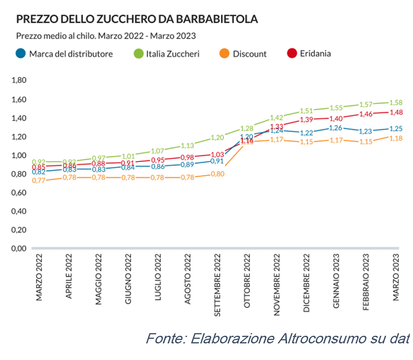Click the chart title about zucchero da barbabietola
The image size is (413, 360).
click(137, 20)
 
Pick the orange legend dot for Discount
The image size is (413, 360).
click(225, 53)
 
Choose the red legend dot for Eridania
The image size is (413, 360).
click(292, 53)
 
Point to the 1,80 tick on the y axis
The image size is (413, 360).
click(19, 81)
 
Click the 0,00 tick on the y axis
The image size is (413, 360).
click(19, 248)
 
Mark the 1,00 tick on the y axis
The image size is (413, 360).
click(19, 155)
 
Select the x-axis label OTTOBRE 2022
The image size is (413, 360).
click(247, 282)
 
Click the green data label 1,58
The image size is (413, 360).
click(395, 102)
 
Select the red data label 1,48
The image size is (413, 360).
click(395, 112)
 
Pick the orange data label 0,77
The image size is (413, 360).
click(39, 180)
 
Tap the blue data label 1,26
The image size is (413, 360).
click(336, 128)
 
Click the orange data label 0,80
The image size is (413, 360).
click(217, 174)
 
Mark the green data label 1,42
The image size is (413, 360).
click(277, 118)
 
